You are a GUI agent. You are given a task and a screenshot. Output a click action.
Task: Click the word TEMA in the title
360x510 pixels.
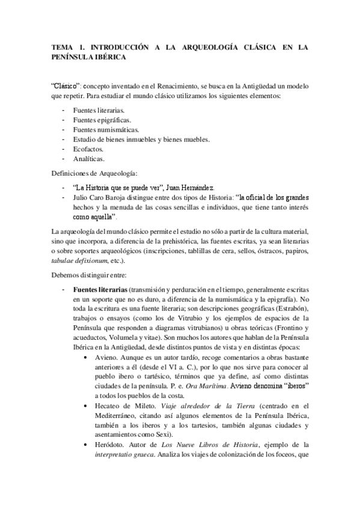pos(62,47)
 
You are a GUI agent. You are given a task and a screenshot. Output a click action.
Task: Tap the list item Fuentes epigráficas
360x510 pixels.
pos(102,120)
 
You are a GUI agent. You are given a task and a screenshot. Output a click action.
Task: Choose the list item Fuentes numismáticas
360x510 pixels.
pos(105,130)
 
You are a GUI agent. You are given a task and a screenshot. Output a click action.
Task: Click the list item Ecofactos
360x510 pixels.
pos(88,149)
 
